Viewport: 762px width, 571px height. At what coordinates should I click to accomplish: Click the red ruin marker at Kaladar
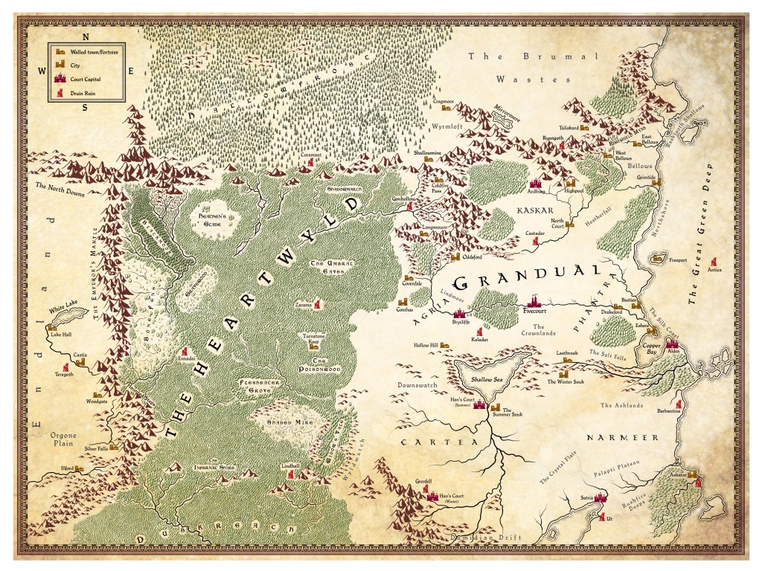click(479, 332)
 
